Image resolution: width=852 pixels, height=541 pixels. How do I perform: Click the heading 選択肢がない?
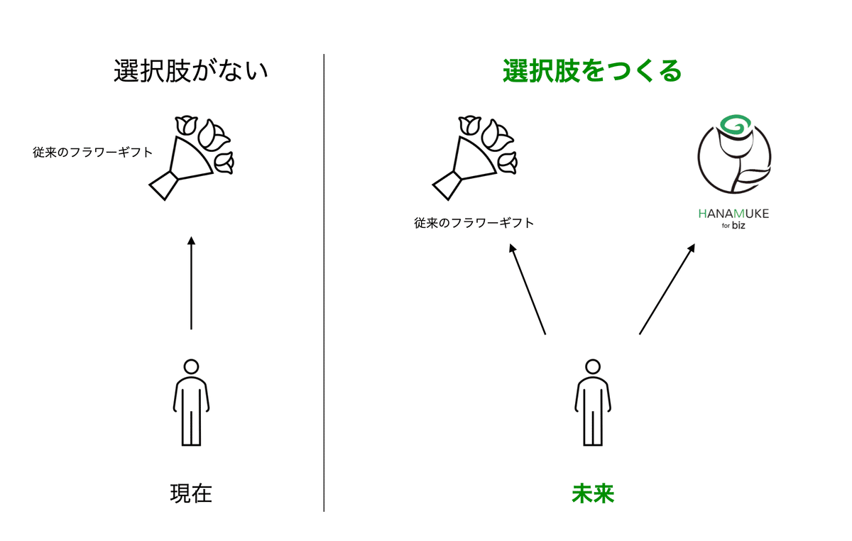point(191,71)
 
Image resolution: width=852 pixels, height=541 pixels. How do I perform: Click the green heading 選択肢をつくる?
point(592,71)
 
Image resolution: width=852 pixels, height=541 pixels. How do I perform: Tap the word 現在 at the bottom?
point(191,493)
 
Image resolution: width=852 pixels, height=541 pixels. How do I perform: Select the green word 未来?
point(593,493)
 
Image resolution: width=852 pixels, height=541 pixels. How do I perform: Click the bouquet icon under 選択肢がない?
point(190,158)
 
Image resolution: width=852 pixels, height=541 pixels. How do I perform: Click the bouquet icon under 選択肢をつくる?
point(474,158)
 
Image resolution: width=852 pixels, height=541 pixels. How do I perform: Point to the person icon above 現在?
point(191,403)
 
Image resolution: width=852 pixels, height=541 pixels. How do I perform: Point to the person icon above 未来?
point(593,403)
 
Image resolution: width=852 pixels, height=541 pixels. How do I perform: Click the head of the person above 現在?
point(191,367)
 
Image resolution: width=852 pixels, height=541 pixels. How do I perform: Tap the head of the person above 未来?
point(593,367)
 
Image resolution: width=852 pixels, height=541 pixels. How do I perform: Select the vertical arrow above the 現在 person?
point(191,283)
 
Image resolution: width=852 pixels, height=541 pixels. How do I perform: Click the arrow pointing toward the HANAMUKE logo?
point(667,289)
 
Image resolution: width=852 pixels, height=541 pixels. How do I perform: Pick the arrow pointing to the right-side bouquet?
point(528,289)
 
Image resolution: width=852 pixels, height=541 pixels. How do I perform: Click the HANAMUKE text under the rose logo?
point(733,214)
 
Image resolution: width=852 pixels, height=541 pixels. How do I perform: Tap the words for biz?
point(733,226)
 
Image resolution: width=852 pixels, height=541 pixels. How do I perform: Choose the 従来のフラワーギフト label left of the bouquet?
point(92,153)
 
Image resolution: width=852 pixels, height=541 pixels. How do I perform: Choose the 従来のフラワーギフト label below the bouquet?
point(474,223)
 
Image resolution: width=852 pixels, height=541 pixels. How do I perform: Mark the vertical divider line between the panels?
point(324,283)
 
